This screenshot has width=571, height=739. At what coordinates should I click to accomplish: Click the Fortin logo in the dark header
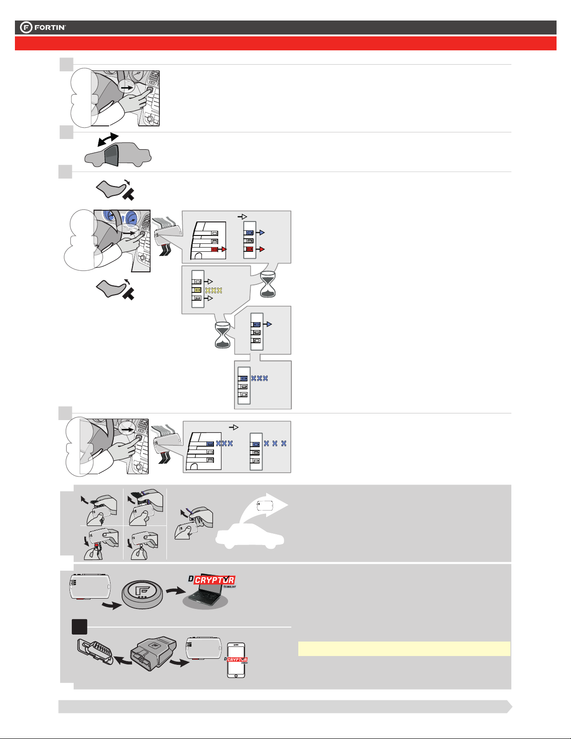coord(43,28)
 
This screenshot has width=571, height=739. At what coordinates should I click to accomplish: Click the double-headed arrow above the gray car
coord(108,139)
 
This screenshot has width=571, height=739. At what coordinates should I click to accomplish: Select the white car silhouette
coord(250,536)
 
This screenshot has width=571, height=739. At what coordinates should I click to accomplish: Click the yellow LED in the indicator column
coord(197,290)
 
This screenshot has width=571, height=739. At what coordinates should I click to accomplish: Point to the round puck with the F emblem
coord(142,594)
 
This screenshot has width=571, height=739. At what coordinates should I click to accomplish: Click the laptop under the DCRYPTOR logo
coord(205,595)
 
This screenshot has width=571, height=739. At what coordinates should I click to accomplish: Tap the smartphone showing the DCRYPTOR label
coord(236,660)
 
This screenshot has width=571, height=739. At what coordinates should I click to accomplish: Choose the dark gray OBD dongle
coord(154,652)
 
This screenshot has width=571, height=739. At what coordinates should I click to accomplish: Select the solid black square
coord(80,627)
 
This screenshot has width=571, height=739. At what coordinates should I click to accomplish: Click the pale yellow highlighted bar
coord(404,649)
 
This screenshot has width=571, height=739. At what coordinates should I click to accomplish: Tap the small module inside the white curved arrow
coord(265,506)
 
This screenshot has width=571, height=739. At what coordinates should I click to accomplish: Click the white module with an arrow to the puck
coord(90,586)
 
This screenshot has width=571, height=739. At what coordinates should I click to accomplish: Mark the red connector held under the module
coord(96,546)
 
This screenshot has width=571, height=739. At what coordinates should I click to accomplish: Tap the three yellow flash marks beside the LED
coord(214,290)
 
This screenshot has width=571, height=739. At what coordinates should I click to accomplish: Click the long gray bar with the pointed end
coord(285,706)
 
